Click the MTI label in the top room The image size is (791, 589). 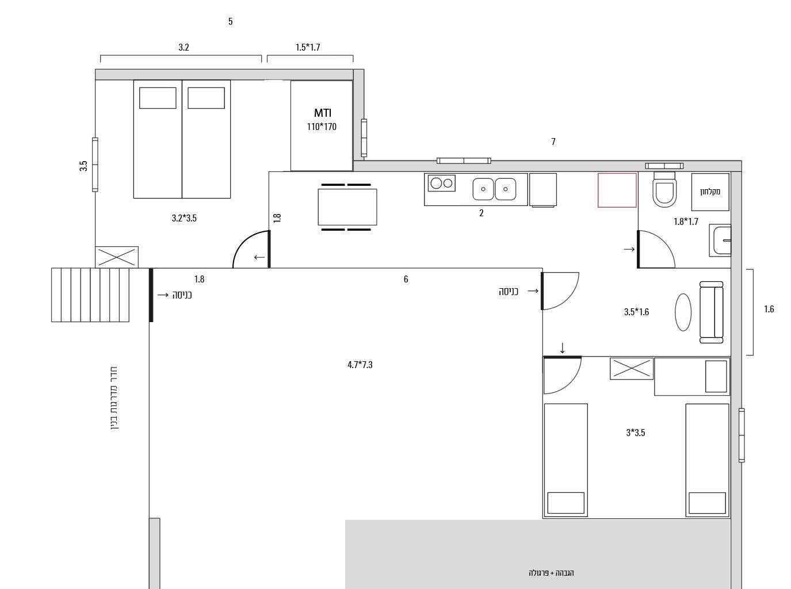point(322,113)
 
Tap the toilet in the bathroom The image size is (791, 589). point(664,189)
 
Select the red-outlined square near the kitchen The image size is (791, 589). point(617,190)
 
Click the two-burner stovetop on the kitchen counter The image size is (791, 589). point(441,183)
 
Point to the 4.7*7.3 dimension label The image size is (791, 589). point(360,365)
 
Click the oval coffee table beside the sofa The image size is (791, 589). point(683,312)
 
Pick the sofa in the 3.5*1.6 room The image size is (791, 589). point(711,312)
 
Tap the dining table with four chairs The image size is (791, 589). point(346,207)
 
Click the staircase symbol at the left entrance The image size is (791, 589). point(90,295)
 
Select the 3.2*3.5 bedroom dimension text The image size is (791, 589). point(184,218)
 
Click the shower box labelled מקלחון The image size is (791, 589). point(710,192)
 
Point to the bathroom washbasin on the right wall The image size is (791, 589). point(720,240)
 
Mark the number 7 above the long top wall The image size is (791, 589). point(553,142)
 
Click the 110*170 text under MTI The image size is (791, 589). point(322,127)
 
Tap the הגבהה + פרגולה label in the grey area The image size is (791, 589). point(551,573)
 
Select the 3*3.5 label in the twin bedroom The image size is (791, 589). point(636,433)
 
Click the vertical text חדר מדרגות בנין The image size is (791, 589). point(114,398)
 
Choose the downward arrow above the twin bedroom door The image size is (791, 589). point(563,348)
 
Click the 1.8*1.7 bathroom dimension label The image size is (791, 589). point(686,221)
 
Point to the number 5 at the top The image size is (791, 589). point(230,21)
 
